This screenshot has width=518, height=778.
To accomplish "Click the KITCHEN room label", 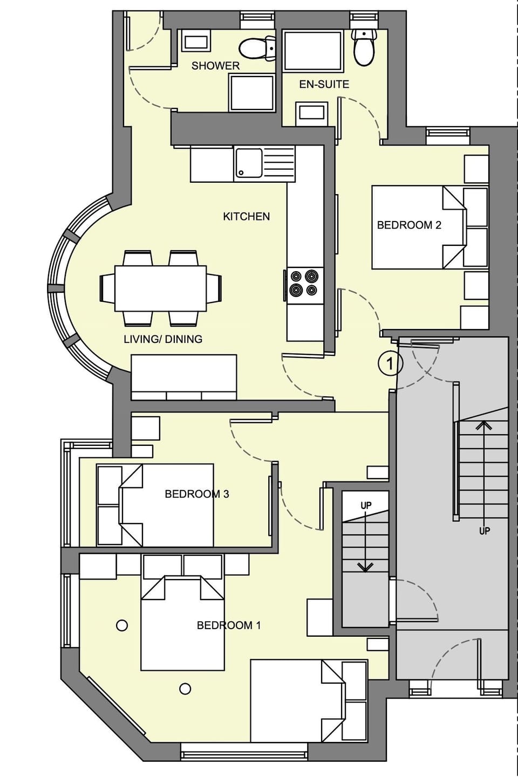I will click(246, 216).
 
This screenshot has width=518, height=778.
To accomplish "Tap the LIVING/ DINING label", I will click(163, 339).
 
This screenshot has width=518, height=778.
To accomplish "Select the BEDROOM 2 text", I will click(408, 225).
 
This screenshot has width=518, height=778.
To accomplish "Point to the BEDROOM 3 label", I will click(196, 494).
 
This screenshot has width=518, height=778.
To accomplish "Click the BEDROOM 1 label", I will click(228, 625).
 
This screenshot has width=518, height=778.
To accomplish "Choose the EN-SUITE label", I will click(324, 84).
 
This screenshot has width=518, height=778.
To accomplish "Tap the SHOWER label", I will click(215, 66).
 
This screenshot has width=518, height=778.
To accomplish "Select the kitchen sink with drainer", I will click(264, 163).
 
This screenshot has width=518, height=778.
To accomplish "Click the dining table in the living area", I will click(160, 288).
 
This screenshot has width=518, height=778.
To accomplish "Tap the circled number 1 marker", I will click(390, 363).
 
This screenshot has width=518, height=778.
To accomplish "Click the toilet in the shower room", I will click(257, 49).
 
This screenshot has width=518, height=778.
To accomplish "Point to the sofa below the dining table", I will click(184, 377).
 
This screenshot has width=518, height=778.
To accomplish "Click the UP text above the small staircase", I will click(366, 506).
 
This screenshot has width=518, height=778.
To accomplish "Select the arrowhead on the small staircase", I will click(366, 567).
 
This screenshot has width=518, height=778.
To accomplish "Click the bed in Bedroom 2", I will click(418, 228).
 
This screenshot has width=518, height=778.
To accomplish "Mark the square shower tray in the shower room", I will click(251, 93).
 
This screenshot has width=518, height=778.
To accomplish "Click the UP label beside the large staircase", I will click(485, 531).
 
